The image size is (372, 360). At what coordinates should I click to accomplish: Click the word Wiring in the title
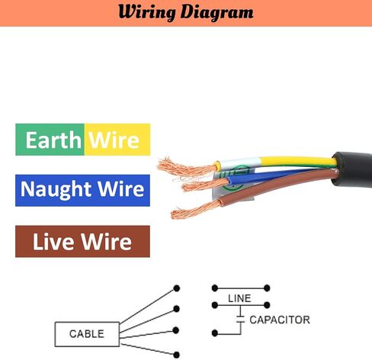click(147, 13)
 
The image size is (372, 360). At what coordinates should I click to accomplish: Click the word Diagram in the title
click(216, 13)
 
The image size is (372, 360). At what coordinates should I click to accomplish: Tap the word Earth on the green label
click(53, 140)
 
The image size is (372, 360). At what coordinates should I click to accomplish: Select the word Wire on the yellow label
click(114, 140)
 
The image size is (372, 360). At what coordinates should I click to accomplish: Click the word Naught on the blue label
click(56, 190)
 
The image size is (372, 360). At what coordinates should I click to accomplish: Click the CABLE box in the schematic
click(87, 334)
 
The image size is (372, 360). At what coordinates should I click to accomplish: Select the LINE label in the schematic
click(239, 298)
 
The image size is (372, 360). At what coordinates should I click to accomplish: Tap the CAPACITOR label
click(280, 320)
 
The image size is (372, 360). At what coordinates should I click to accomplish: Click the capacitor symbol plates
click(240, 319)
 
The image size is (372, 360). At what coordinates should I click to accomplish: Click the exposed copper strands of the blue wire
click(204, 185)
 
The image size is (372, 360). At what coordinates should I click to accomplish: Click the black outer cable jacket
click(352, 169)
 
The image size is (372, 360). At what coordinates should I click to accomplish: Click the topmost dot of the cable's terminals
click(176, 288)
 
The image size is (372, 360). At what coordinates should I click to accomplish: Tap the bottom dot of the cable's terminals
click(176, 355)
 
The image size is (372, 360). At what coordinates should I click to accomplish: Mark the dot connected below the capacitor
click(215, 333)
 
